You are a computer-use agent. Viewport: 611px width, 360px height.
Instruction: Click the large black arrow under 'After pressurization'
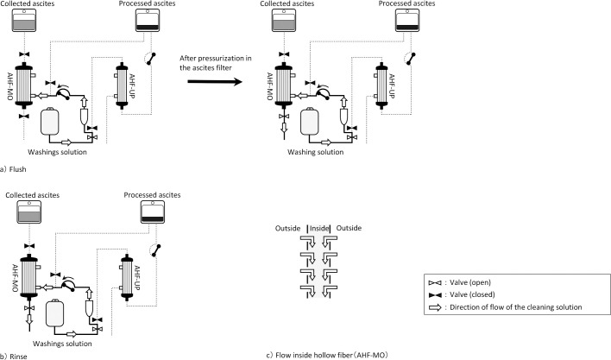pos(215,81)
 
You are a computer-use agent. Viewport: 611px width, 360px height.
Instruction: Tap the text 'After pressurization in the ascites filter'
pos(216,63)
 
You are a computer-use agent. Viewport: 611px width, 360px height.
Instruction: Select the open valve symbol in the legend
pos(435,283)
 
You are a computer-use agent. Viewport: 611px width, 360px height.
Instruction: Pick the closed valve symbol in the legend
pos(435,295)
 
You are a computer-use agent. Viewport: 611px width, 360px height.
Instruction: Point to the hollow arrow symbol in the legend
pos(435,307)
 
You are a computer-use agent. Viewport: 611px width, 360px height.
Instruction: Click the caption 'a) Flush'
pos(13,169)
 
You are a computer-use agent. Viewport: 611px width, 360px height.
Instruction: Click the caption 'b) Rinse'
pos(14,356)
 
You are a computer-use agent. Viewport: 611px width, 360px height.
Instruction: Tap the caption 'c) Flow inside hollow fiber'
pos(327,355)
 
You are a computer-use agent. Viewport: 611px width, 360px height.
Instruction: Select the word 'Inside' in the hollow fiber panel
pos(319,228)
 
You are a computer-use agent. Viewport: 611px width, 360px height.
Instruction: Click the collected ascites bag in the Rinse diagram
pos(29,212)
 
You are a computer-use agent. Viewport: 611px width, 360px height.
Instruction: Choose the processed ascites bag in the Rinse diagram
pos(153,212)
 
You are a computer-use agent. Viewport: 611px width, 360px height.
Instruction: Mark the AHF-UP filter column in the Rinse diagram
pos(127,277)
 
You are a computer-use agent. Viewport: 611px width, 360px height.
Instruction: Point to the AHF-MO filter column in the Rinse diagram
pos(29,277)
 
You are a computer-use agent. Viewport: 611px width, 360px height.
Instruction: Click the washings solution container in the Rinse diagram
pos(54,313)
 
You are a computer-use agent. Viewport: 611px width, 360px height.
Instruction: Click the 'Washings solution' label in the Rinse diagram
pos(62,344)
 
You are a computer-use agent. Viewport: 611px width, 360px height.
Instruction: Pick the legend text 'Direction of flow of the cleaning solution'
pos(515,307)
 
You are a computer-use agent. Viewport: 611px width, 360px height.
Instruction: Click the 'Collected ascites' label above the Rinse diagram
pos(32,195)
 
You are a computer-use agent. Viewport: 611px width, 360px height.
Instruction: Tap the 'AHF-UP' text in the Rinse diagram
pos(136,277)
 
